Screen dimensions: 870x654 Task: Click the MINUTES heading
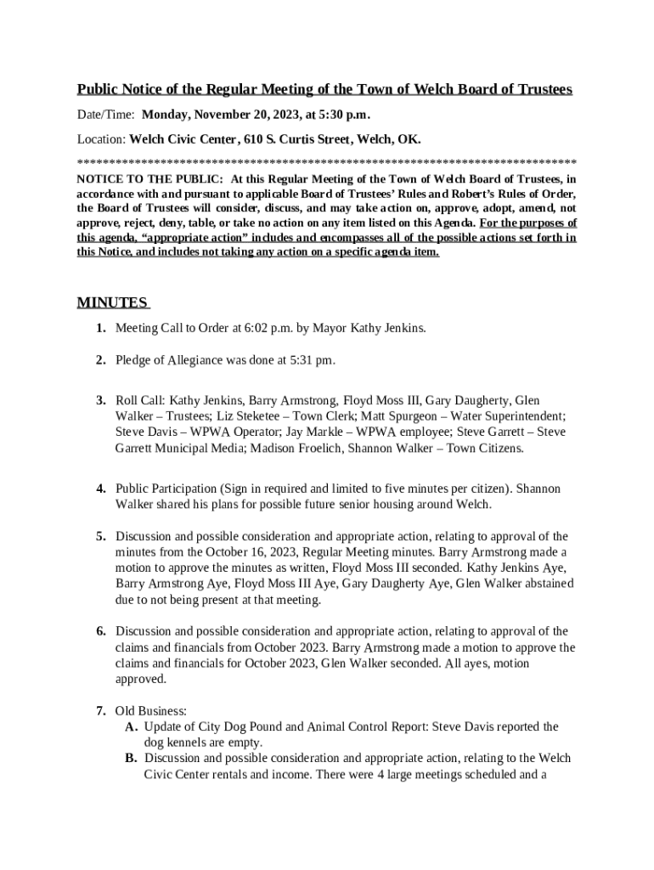point(112,303)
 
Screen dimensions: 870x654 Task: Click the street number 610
point(254,138)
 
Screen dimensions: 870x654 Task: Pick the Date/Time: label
point(107,115)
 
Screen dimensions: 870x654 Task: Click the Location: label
point(102,138)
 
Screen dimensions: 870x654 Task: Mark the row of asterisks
point(327,161)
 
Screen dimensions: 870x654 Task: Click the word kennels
point(189,743)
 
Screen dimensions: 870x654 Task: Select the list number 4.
point(100,489)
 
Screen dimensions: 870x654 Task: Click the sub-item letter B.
point(131,758)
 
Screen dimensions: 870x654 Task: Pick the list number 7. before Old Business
point(100,710)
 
